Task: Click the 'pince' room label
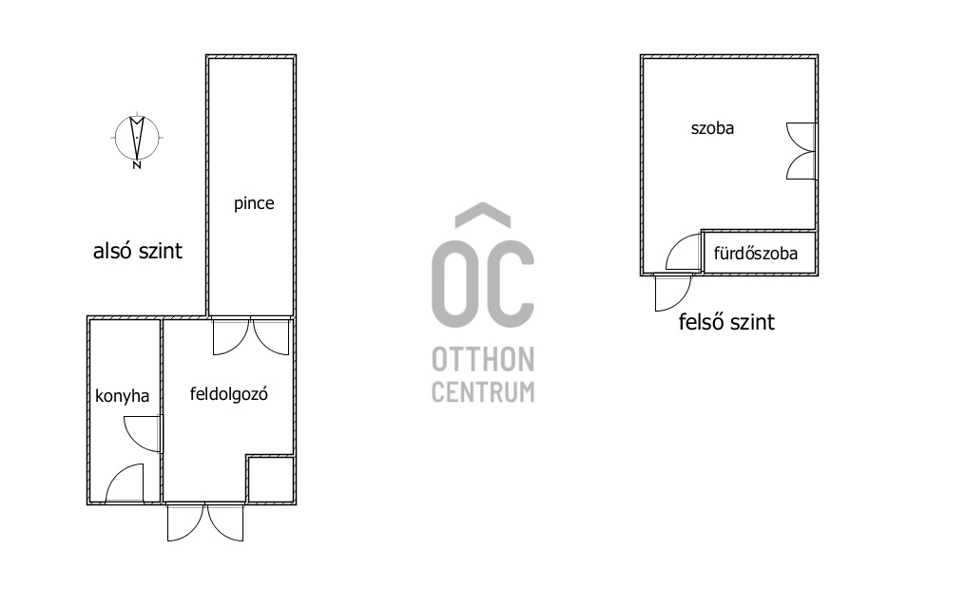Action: coord(254,203)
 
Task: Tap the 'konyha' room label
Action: coord(122,395)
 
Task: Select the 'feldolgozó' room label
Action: coord(228,394)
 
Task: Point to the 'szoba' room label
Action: coord(712,128)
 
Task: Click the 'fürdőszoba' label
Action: coord(755,253)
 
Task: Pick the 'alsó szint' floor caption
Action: coord(137,251)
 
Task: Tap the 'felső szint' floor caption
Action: coord(726,322)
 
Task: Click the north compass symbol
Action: coord(137,139)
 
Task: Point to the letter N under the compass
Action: coord(137,165)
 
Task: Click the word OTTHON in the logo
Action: coord(483,359)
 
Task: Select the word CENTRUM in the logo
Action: coord(483,391)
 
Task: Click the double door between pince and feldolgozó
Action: coord(251,336)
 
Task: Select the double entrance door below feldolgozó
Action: coord(205,521)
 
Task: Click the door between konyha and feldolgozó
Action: coord(144,434)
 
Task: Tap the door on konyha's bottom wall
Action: coord(125,484)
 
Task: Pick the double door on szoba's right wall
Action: coord(802,151)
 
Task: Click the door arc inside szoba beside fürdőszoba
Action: coord(684,253)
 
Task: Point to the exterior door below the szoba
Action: coord(673,293)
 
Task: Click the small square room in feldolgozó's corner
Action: coord(270,480)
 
